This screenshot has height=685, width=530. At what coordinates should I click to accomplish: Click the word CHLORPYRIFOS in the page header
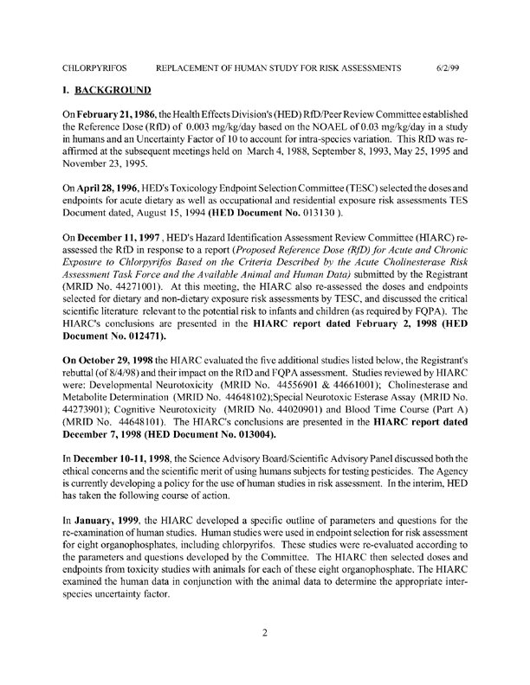95,67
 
